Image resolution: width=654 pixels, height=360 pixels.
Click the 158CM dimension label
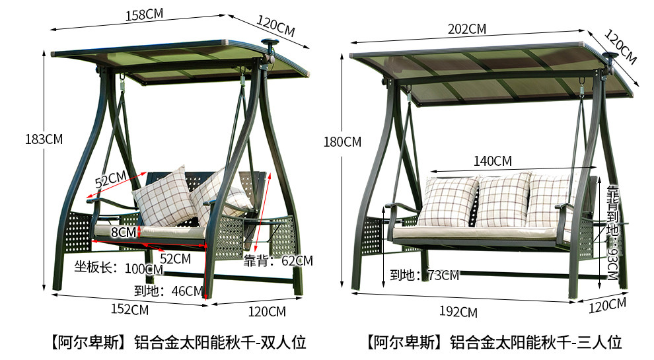144,15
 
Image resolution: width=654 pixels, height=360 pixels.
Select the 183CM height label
44,139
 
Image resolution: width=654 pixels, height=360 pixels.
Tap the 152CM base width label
129,310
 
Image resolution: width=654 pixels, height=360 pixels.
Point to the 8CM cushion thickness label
124,233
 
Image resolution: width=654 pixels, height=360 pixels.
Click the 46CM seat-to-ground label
169,291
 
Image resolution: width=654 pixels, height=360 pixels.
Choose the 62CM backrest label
278,261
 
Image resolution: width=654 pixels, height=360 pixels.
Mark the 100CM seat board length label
119,268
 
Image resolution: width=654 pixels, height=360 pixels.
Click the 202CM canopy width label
467,29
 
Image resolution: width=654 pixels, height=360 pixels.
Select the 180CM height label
342,142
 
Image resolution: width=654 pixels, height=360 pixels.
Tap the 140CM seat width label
493,161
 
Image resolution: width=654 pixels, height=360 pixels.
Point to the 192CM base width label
458,312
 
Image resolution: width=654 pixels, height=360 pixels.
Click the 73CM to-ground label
425,275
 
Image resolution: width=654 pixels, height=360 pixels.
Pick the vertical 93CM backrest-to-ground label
612,233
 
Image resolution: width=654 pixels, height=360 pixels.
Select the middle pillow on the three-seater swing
503,200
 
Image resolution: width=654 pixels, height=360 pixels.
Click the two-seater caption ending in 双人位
178,342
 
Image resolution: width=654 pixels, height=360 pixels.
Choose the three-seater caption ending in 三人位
494,342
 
